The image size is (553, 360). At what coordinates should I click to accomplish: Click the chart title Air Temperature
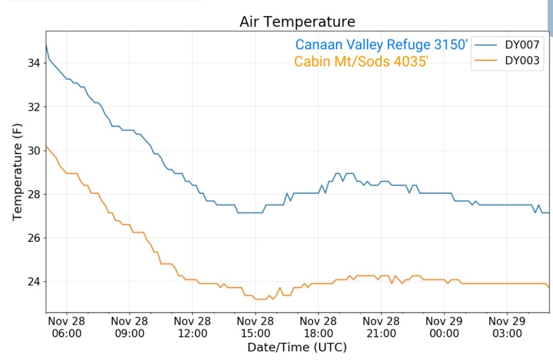(298, 22)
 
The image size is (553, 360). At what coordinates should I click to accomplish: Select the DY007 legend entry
(522, 44)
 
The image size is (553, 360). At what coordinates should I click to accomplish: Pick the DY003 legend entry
(522, 60)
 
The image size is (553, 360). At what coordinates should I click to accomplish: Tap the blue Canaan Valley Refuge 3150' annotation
(381, 45)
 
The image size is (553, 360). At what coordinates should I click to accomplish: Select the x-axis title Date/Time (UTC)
(297, 347)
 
